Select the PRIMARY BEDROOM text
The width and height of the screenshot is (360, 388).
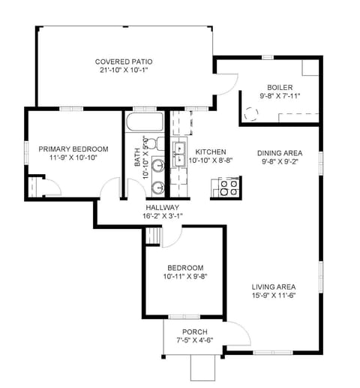point(73,149)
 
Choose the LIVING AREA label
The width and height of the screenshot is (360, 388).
point(273,287)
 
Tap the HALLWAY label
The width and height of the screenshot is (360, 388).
point(162,207)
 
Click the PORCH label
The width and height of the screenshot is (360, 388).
point(194,332)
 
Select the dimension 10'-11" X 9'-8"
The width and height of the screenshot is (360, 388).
point(184,277)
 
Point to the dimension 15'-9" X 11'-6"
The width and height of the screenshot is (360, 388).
point(273,296)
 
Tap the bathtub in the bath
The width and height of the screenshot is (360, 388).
point(145,122)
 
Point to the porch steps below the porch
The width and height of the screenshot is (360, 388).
point(202,367)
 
